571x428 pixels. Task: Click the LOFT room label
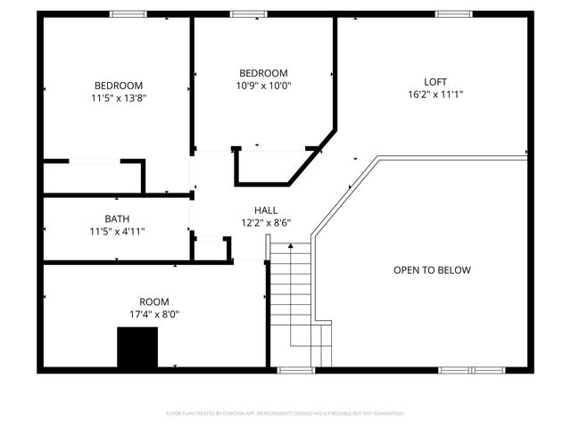435,81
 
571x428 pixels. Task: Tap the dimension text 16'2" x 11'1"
435,94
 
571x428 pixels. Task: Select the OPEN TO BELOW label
432,270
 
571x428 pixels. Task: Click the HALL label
265,210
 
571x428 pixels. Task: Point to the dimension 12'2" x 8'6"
265,223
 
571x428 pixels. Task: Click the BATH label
117,218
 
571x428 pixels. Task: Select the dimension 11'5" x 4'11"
117,231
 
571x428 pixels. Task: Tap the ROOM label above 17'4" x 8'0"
153,302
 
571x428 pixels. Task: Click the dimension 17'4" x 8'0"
153,315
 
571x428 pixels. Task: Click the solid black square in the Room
137,347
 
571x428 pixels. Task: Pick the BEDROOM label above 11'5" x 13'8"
118,86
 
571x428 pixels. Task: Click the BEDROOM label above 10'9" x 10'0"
263,73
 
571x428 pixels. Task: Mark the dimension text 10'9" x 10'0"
263,86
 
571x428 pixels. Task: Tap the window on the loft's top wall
453,13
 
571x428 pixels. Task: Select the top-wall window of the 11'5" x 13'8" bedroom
128,13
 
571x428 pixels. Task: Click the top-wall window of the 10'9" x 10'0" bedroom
249,13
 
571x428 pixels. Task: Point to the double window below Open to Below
471,369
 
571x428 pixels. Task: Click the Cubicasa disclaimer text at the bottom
285,414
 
